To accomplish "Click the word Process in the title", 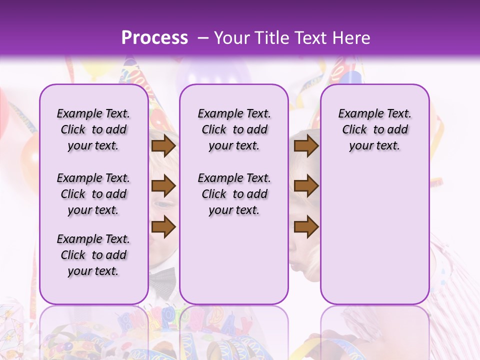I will point(154,38).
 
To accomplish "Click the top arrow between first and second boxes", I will point(163,146).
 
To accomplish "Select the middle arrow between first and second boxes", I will point(163,186).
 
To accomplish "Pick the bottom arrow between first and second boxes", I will point(163,226).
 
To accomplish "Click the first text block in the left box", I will point(93,129).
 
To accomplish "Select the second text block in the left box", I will point(93,194).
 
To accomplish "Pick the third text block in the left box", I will point(93,255).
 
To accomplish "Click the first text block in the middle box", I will point(234,129).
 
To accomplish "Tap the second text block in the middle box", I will point(234,194).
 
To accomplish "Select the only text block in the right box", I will point(374,129).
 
